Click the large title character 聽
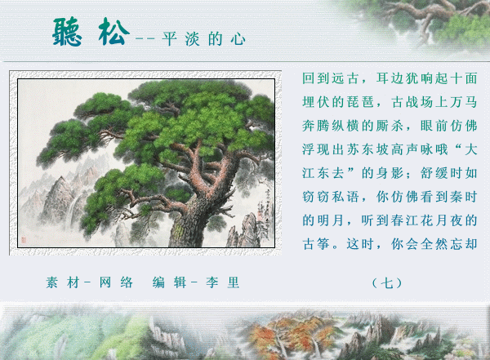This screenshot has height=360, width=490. click(x=68, y=32)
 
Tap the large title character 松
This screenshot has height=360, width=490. click(x=114, y=32)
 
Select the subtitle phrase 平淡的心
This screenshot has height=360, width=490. click(x=203, y=39)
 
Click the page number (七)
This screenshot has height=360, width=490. click(x=387, y=283)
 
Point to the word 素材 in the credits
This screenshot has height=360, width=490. click(x=62, y=282)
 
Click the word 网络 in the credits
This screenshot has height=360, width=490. click(x=116, y=282)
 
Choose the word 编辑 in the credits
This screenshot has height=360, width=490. click(x=169, y=282)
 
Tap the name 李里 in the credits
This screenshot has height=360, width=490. click(x=223, y=282)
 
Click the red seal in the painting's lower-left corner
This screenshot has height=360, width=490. click(x=24, y=240)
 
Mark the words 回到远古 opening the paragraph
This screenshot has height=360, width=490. click(x=330, y=78)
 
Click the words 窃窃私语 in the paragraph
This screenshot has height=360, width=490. click(x=330, y=197)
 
